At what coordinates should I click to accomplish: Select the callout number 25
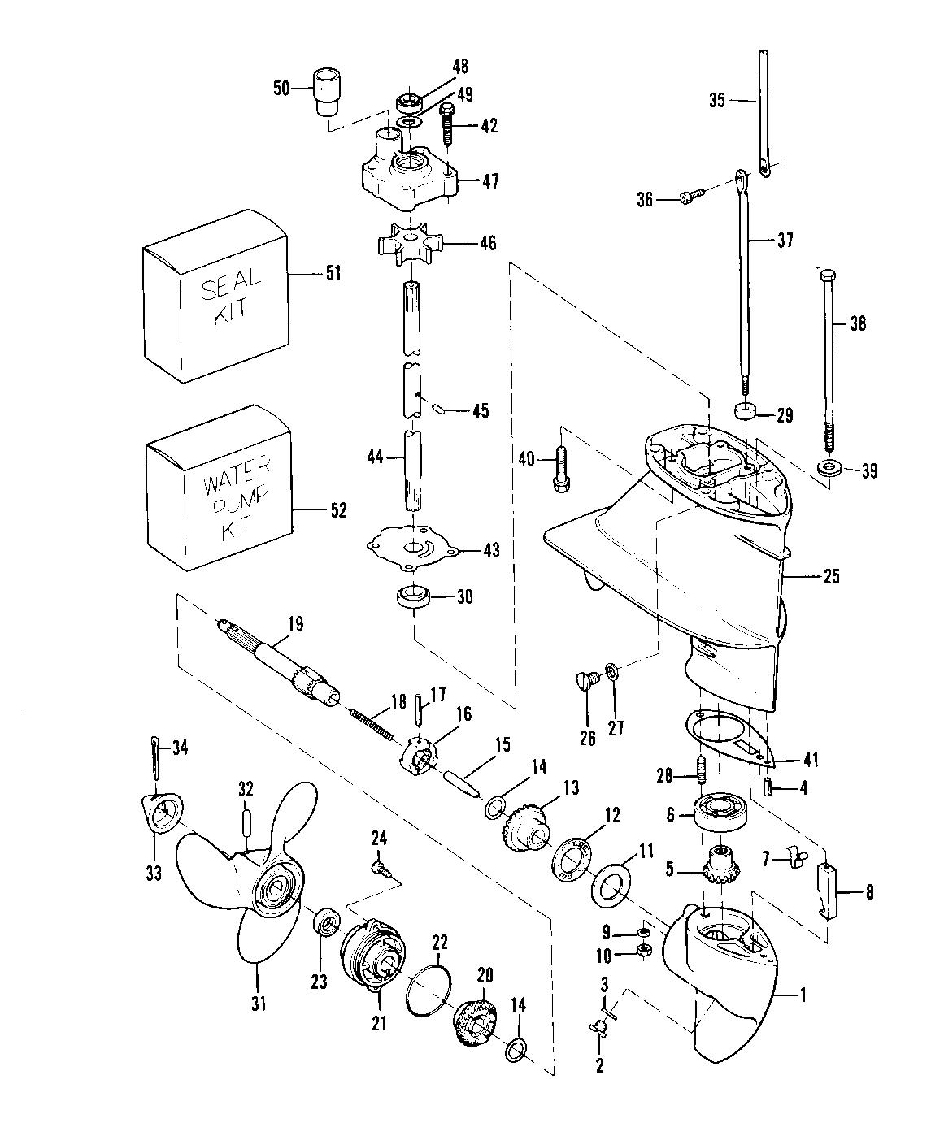click(x=831, y=577)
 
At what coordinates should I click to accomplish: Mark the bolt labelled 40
click(x=561, y=469)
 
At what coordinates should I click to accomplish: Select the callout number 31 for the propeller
click(x=258, y=1004)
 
